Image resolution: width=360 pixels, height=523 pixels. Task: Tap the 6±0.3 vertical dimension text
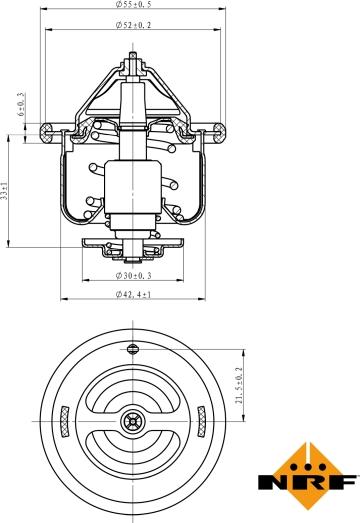21,108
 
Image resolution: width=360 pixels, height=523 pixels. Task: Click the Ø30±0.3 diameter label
133,274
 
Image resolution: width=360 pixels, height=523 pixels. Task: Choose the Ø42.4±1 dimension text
133,294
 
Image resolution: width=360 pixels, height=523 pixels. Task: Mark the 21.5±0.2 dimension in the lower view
239,384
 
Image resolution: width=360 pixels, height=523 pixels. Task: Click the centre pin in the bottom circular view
132,421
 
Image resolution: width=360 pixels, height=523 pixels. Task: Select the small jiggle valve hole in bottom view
132,348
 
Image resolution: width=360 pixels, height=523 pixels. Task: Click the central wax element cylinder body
132,185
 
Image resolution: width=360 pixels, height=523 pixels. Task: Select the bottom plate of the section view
132,244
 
